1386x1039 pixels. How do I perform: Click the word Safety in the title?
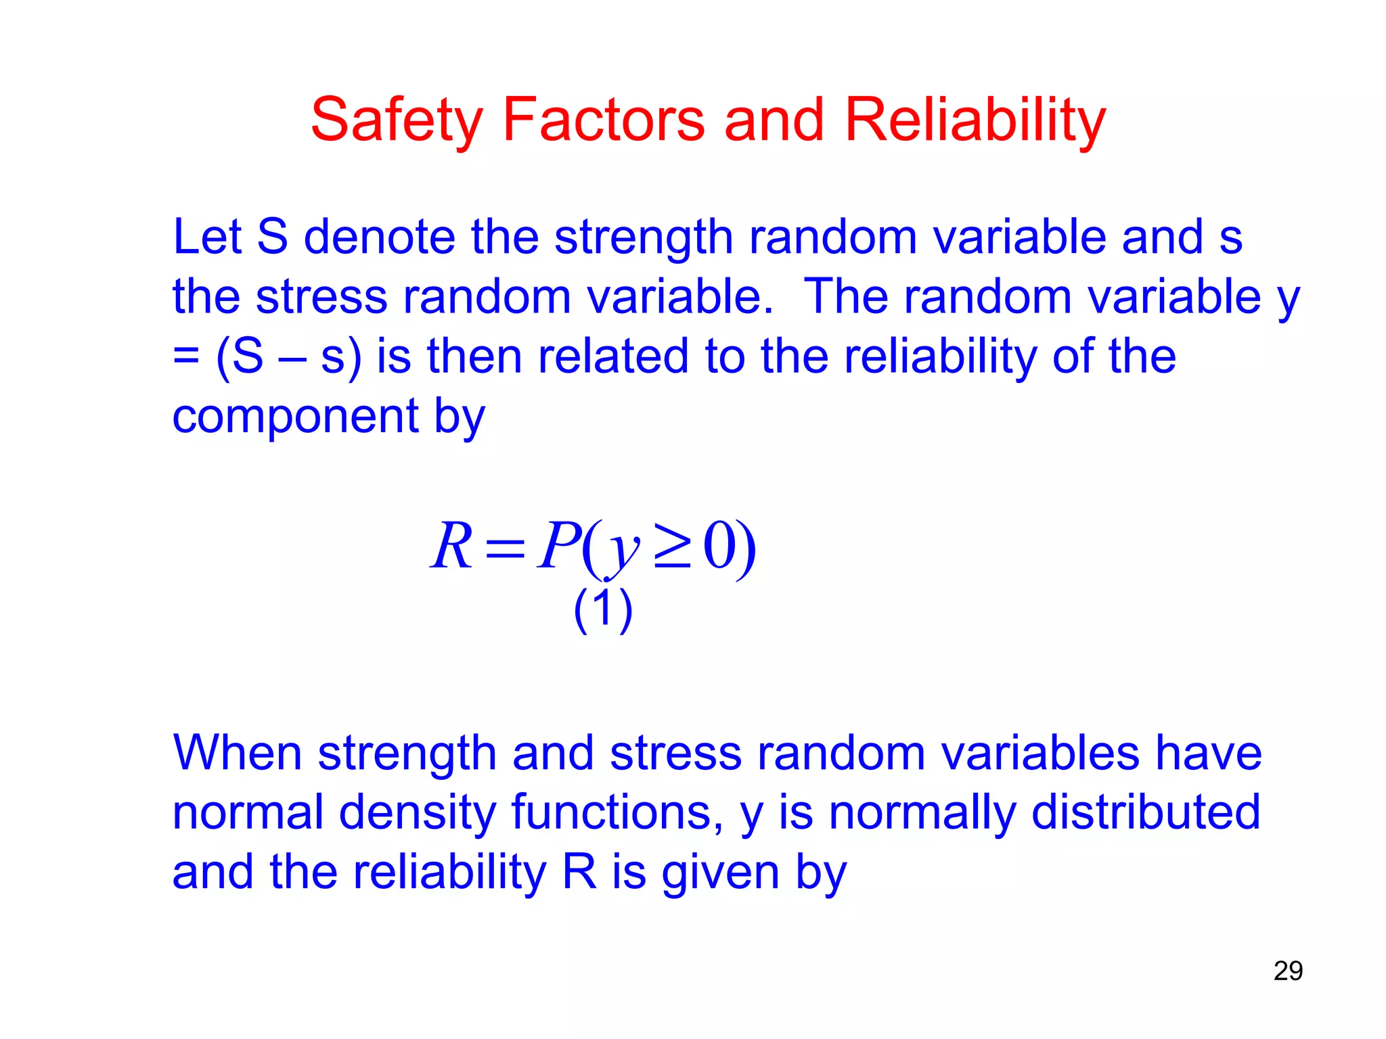coord(397,120)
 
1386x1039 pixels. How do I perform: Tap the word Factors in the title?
coord(603,120)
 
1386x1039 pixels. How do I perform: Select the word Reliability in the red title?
coord(975,120)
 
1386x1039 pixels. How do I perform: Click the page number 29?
coord(1288,971)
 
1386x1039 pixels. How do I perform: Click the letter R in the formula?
coord(451,547)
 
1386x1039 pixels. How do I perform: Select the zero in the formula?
coord(719,547)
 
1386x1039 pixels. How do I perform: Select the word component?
coord(296,418)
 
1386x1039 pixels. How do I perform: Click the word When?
coord(237,753)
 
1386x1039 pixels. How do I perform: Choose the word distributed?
coord(1145,812)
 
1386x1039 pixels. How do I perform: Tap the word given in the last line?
coord(720,873)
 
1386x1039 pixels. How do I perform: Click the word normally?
coord(922,812)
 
